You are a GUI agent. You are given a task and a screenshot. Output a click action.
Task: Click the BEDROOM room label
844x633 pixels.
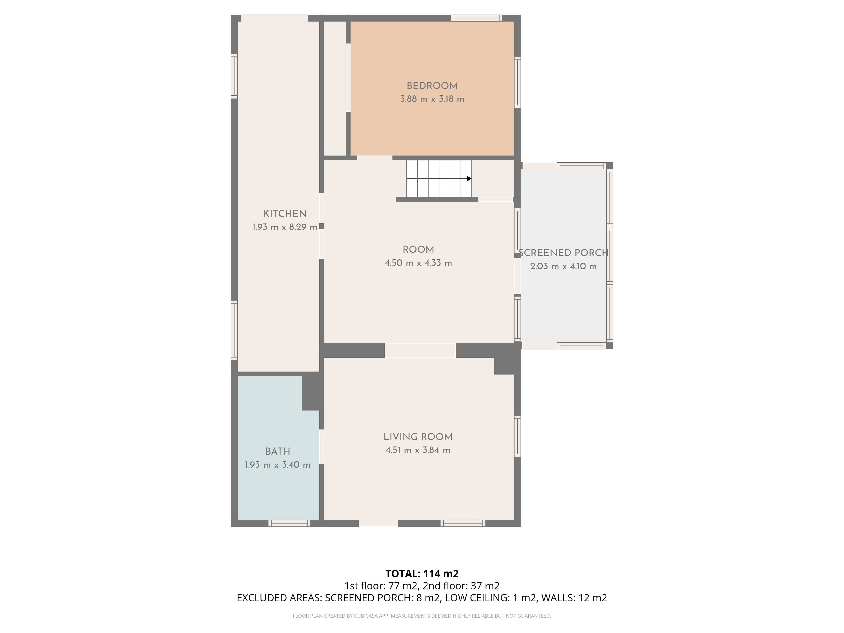(432, 86)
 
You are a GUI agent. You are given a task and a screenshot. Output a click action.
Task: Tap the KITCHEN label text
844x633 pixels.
(285, 214)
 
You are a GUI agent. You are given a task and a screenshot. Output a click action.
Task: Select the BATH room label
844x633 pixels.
(278, 451)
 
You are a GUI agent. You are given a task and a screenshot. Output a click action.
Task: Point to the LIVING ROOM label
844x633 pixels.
(418, 437)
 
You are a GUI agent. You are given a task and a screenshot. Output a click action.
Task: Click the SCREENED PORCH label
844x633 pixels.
(564, 253)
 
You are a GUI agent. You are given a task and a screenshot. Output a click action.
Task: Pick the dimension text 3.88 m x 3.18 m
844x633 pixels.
(432, 99)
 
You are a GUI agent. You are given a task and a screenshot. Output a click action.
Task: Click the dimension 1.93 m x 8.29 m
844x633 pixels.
(285, 227)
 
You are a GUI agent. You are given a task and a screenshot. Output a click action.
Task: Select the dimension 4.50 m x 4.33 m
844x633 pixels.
(418, 263)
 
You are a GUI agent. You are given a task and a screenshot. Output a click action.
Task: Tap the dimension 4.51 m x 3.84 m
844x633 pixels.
(418, 450)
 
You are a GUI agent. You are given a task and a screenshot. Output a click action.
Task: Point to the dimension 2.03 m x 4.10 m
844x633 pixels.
(564, 266)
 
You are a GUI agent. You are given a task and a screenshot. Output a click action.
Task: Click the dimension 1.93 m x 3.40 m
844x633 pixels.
(277, 465)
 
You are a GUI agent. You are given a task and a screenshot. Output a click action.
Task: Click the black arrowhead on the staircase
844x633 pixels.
(469, 178)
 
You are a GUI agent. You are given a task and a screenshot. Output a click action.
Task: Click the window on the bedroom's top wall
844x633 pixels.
(477, 18)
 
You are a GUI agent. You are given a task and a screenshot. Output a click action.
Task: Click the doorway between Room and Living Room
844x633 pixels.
(420, 350)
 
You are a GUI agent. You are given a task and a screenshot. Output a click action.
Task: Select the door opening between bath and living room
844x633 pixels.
(322, 447)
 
